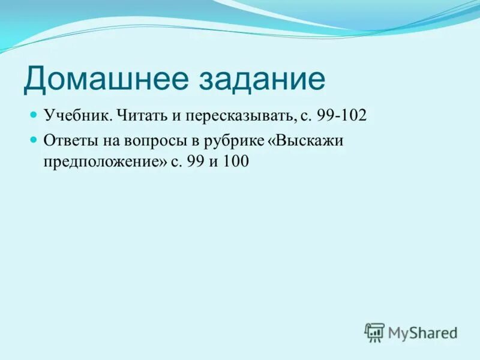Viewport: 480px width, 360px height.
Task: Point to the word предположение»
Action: [x=104, y=163]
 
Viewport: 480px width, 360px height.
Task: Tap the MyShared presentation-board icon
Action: [x=374, y=332]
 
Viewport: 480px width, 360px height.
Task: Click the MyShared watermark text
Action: [x=422, y=332]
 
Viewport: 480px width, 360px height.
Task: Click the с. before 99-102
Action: [x=305, y=115]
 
